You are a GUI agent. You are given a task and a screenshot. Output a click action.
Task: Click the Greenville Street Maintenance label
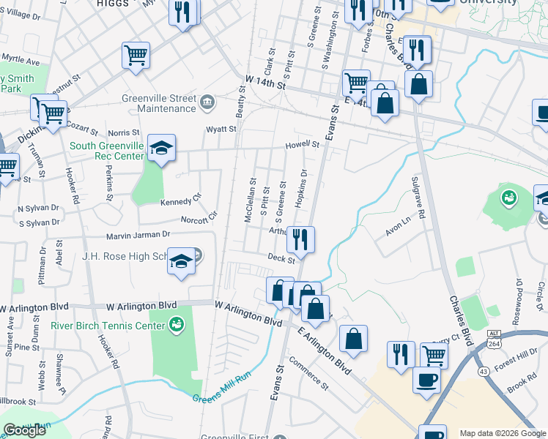tap(159, 103)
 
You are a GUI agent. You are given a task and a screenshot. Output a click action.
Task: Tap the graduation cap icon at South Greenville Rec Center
tap(161, 149)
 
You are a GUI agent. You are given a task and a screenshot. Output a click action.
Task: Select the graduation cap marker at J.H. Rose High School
tap(181, 261)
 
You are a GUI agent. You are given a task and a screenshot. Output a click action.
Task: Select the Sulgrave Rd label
tap(418, 197)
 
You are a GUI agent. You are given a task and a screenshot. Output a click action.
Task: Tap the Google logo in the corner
tap(25, 430)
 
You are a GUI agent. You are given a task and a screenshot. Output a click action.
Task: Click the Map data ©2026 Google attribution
tap(503, 433)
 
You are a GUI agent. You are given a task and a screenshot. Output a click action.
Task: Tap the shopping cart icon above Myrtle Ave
tap(136, 55)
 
